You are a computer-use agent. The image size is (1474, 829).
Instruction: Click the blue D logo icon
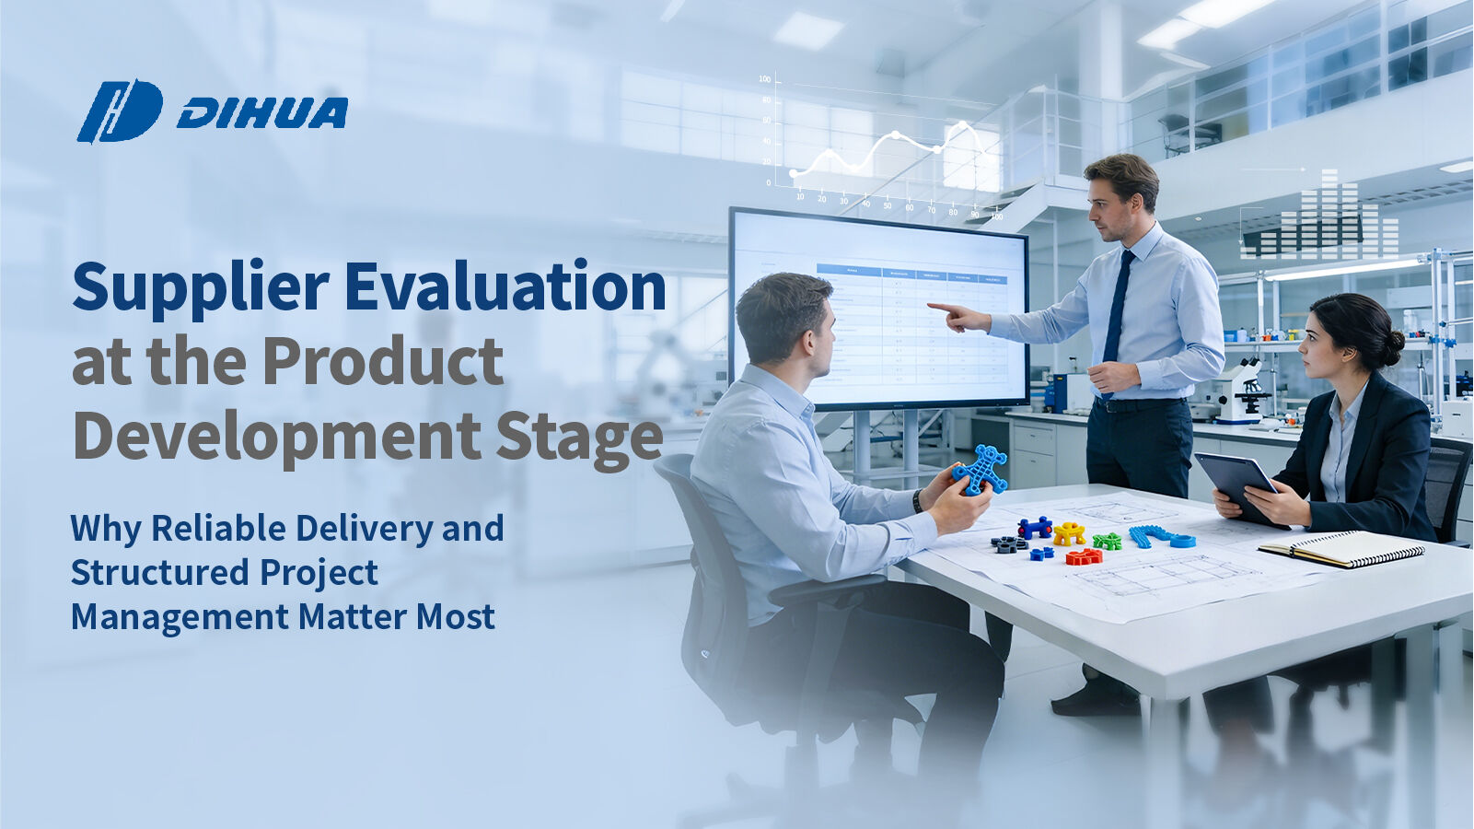[x=120, y=111]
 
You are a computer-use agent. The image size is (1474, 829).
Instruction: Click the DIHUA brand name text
[x=262, y=113]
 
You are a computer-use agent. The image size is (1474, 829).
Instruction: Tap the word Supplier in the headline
[x=200, y=287]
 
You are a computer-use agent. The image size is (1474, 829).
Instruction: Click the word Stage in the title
[x=579, y=438]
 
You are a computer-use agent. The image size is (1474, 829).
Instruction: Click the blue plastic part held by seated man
[x=980, y=470]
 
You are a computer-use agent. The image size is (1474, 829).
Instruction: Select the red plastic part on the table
[x=1084, y=556]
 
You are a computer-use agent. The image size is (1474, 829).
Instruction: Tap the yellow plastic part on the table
[x=1069, y=532]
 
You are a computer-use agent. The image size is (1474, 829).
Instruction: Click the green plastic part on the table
[x=1107, y=542]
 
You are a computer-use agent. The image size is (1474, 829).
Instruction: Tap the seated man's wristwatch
[x=918, y=501]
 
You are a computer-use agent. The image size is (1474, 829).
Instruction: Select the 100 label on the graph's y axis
[x=764, y=79]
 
